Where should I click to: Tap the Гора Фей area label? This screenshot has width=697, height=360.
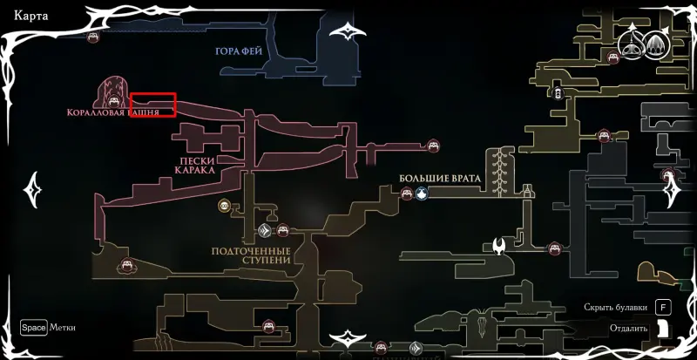[x=239, y=51]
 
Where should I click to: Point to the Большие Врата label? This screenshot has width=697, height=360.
[x=440, y=178]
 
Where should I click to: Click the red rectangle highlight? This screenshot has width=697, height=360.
[x=153, y=105]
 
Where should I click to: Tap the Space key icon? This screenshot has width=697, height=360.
[x=34, y=328]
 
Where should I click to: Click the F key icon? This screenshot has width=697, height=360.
[x=663, y=308]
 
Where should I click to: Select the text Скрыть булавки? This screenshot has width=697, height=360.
[x=616, y=308]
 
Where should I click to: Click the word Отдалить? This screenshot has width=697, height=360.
[x=628, y=329]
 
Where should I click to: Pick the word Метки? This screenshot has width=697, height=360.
[x=63, y=328]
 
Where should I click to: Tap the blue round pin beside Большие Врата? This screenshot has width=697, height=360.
[x=422, y=194]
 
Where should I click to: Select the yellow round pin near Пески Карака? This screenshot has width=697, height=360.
[x=225, y=206]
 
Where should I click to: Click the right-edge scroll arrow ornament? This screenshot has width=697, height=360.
[x=672, y=188]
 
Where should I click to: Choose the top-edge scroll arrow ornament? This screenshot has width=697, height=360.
[x=353, y=32]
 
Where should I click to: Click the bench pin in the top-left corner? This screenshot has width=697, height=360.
[x=93, y=37]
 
